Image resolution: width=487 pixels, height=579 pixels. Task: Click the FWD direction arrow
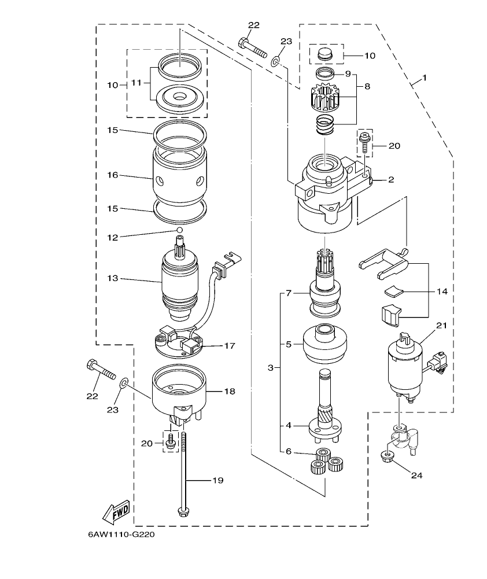[x=116, y=510]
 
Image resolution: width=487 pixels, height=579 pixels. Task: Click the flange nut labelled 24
[x=386, y=457]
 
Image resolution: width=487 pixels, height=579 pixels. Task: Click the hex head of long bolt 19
[x=183, y=512]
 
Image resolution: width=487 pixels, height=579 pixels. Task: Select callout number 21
[x=442, y=326]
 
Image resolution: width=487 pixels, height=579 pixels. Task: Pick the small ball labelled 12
[x=180, y=230]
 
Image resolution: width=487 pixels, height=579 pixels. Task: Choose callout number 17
[x=229, y=346]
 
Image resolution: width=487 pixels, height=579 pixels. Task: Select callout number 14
[x=442, y=292]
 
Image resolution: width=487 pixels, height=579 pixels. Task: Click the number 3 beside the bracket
[x=270, y=367]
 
